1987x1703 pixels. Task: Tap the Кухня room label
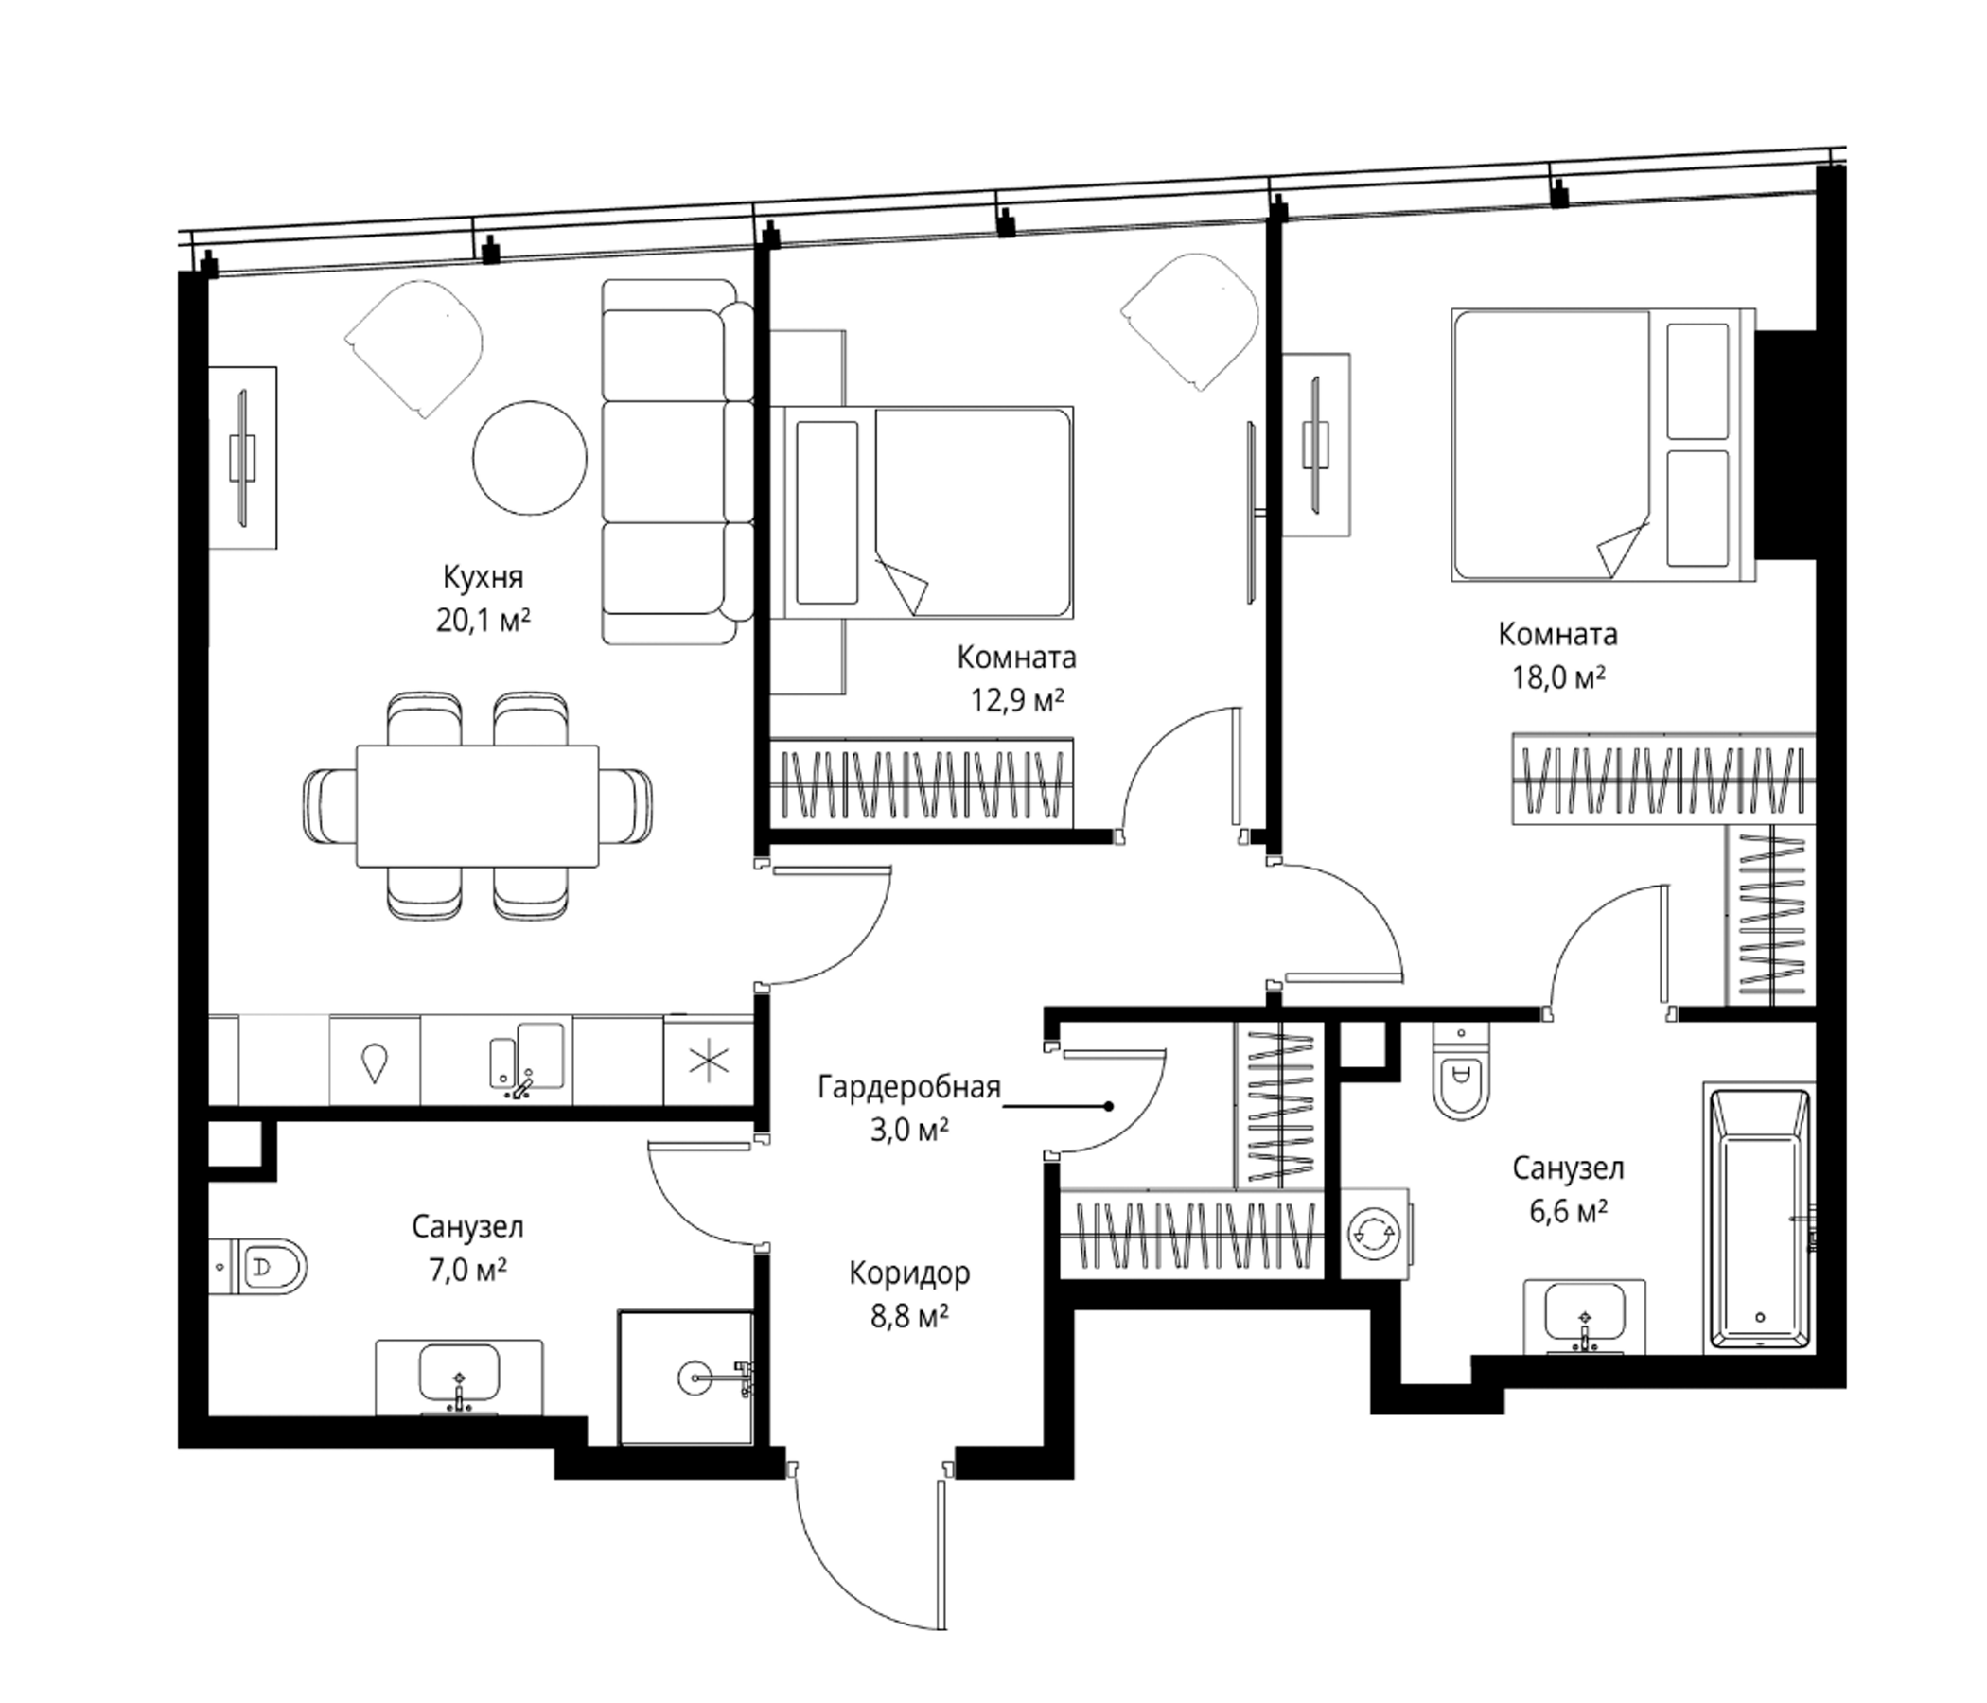pos(484,577)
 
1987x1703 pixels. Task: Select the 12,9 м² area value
pos(1017,700)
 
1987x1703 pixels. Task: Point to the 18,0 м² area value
pos(1559,678)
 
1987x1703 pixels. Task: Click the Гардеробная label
pos(909,1087)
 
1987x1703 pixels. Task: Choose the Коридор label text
pos(909,1273)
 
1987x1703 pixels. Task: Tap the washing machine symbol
pos(1376,1233)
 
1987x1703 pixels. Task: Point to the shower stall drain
pos(694,1378)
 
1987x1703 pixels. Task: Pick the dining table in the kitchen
pos(478,805)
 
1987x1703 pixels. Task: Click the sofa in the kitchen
pos(677,462)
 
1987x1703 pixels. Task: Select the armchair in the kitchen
pos(413,348)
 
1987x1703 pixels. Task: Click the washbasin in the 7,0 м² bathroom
pos(459,1377)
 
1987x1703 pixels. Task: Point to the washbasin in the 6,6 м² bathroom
pos(1584,1318)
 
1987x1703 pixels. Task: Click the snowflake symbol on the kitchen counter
pos(710,1060)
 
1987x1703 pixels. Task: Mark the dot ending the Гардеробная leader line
pos(1109,1106)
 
